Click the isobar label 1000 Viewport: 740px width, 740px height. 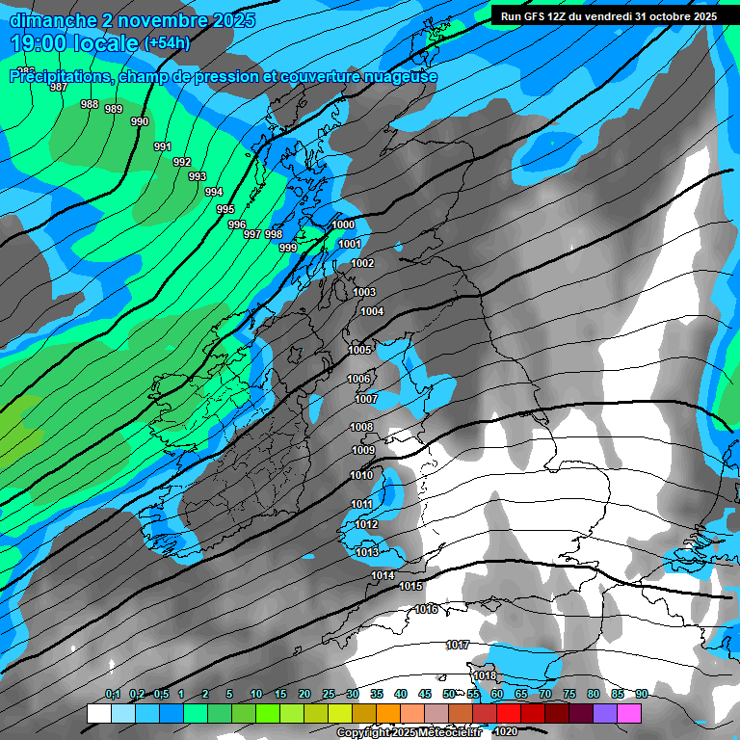tap(343, 225)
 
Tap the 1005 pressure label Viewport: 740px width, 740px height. tap(360, 350)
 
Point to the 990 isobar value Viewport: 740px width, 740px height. tap(140, 121)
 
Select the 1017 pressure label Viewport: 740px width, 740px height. tap(458, 645)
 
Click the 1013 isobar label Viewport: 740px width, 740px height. tap(367, 552)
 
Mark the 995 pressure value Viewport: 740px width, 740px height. tap(225, 209)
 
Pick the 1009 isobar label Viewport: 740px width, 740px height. tap(363, 450)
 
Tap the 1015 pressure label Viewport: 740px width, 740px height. tap(411, 586)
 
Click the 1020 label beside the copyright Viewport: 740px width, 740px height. tap(504, 732)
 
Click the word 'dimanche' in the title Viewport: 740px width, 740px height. tap(53, 20)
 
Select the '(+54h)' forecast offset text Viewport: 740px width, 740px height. tap(167, 43)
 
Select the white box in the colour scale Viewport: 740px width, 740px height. tap(98, 713)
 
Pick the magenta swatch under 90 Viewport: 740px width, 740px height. tap(629, 713)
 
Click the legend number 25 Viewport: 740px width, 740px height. tap(329, 694)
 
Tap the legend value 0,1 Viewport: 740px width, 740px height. tap(113, 694)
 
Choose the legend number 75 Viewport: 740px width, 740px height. tap(568, 694)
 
